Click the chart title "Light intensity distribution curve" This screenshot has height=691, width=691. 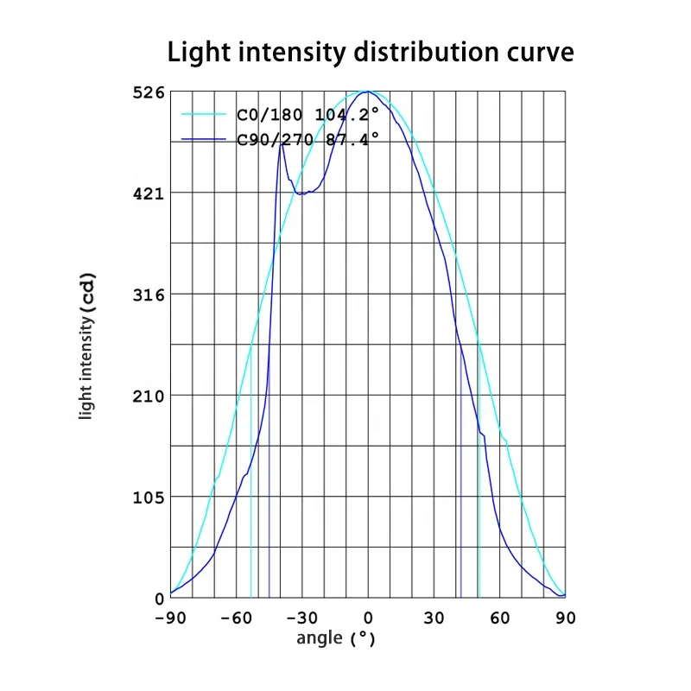370,52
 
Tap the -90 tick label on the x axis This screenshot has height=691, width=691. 171,618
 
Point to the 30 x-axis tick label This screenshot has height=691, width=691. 434,618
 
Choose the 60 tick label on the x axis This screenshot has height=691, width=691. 500,618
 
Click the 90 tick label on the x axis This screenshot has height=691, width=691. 566,618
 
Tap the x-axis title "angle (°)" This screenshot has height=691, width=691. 336,639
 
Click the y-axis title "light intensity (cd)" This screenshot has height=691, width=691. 86,345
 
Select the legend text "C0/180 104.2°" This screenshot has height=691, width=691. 307,113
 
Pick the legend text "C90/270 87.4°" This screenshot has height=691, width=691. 307,140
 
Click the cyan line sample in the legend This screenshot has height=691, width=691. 206,113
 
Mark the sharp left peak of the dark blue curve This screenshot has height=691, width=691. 282,144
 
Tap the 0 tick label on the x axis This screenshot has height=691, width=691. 368,618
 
